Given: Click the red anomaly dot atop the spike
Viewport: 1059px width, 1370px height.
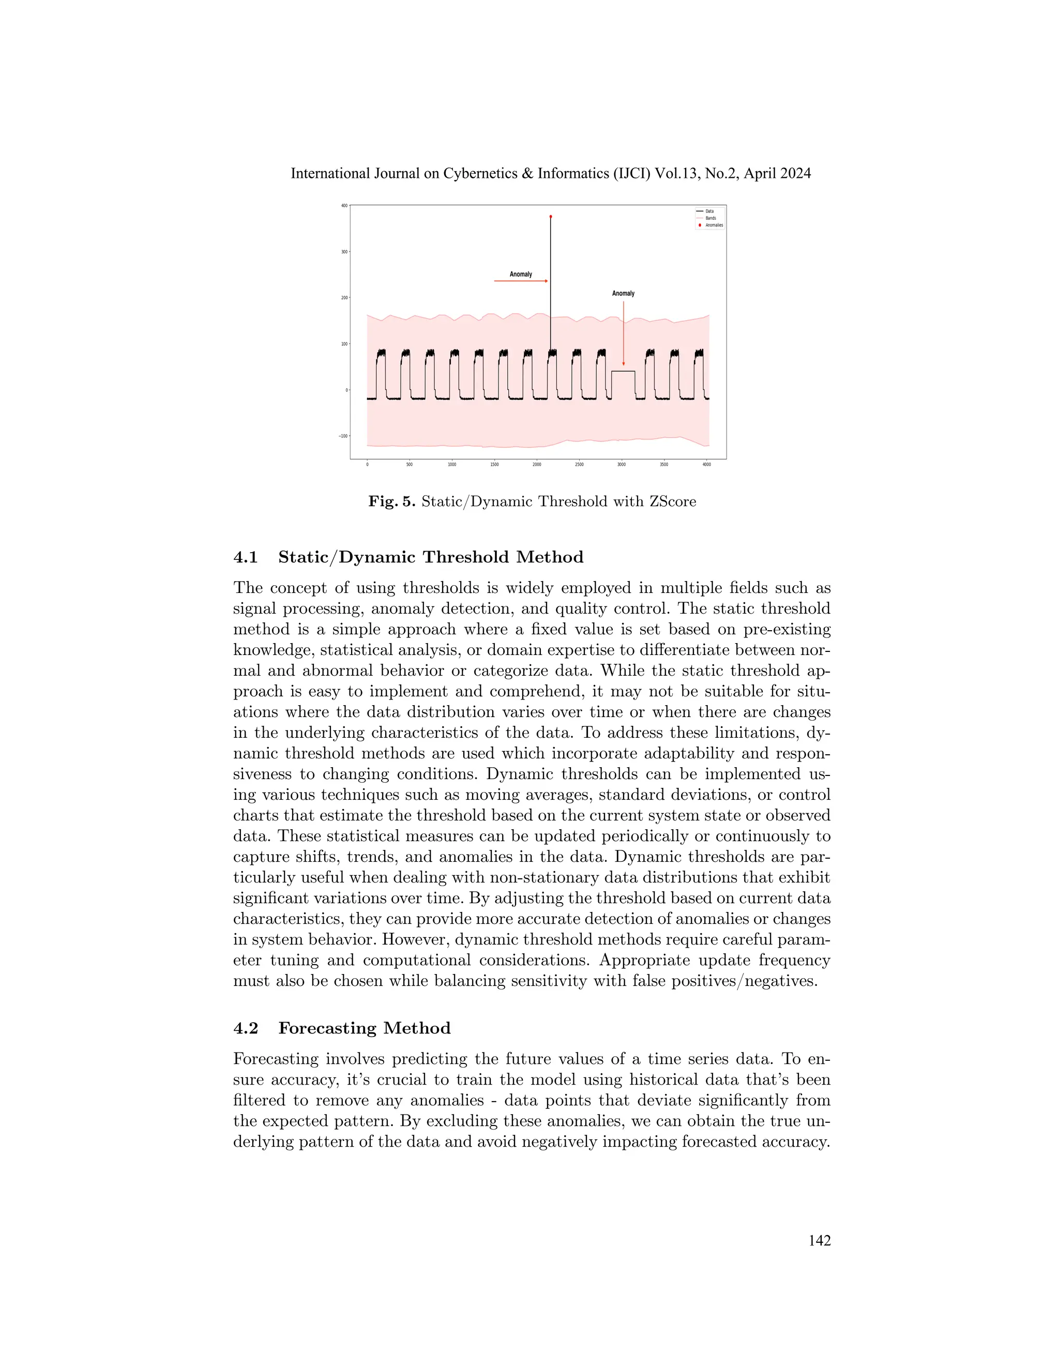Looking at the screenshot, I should click(551, 217).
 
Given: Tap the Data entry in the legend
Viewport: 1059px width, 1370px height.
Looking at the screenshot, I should click(709, 211).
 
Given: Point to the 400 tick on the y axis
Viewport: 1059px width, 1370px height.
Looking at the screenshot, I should click(344, 206).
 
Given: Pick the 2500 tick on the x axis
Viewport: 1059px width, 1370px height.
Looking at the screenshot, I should click(579, 465).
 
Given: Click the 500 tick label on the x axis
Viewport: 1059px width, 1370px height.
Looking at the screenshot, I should click(409, 465).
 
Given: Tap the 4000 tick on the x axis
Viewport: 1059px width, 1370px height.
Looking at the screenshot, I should click(706, 465).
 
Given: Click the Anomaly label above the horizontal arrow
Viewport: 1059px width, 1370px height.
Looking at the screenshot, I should click(521, 274).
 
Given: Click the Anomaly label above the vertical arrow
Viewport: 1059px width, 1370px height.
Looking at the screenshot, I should click(623, 294).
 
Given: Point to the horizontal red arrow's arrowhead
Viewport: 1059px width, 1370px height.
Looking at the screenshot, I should click(547, 281).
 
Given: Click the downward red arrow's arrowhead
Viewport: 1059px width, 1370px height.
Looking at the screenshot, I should click(624, 363).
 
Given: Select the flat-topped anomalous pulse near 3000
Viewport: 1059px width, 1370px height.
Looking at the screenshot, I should click(623, 372).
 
